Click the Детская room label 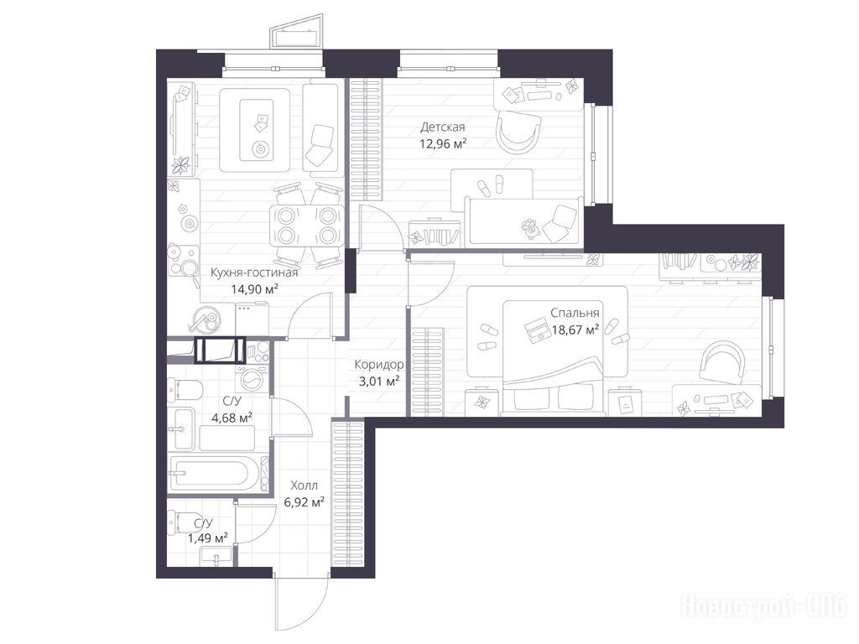point(443,127)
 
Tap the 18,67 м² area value point(575,330)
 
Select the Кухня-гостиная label point(254,273)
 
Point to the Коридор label point(379,364)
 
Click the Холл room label point(304,486)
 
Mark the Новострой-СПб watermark point(764,607)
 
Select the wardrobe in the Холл point(348,495)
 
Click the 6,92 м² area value point(304,502)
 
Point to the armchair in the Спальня point(722,362)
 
